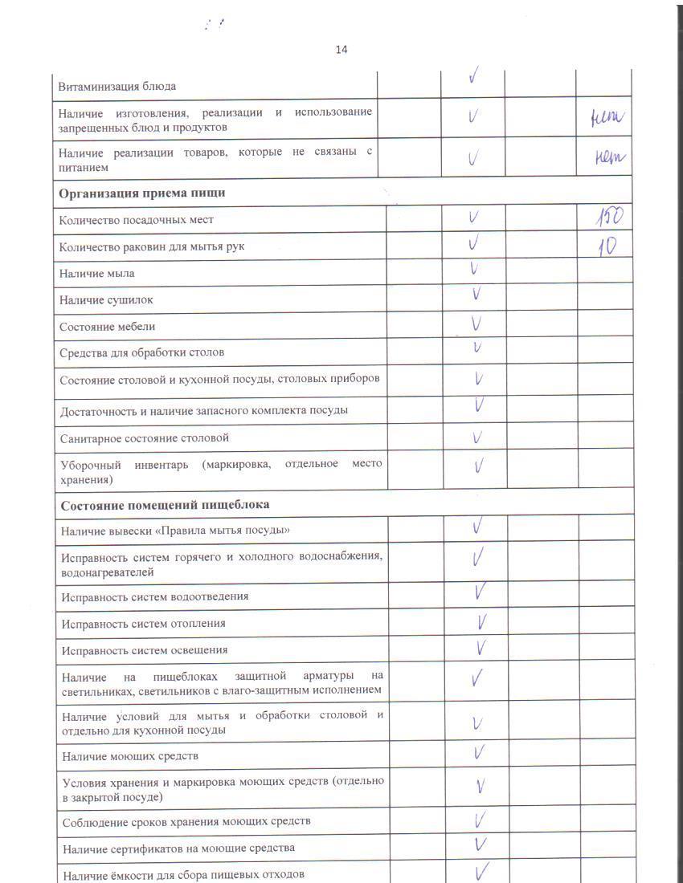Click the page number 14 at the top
pyautogui.click(x=341, y=50)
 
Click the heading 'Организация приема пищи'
pyautogui.click(x=141, y=193)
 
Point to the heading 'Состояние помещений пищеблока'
pyautogui.click(x=165, y=505)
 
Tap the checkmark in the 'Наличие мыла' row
pyautogui.click(x=475, y=270)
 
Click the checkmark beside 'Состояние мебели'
pyautogui.click(x=476, y=324)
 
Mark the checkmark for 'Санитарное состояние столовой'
pyautogui.click(x=477, y=437)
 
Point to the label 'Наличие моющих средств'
pyautogui.click(x=130, y=756)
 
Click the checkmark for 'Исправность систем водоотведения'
pyautogui.click(x=481, y=593)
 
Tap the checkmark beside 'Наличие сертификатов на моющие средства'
pyautogui.click(x=481, y=844)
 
